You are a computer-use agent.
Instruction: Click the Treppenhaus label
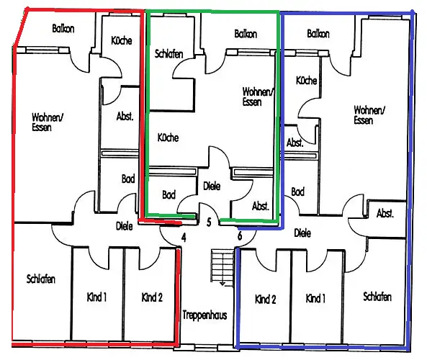[x=204, y=315]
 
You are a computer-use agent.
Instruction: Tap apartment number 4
[x=184, y=238]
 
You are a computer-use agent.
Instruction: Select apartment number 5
[x=209, y=222]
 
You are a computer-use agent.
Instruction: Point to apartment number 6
[x=240, y=235]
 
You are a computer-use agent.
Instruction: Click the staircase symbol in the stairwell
[x=223, y=267]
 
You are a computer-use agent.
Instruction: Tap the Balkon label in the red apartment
[x=63, y=29]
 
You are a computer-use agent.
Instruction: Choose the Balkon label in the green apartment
[x=246, y=34]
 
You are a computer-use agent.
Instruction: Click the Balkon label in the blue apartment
[x=318, y=34]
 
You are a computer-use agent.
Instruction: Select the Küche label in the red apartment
[x=122, y=40]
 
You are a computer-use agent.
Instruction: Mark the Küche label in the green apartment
[x=168, y=138]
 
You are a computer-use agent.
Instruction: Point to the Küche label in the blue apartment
[x=306, y=81]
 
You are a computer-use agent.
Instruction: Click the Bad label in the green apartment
[x=168, y=194]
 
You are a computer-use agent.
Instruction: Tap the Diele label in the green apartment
[x=212, y=186]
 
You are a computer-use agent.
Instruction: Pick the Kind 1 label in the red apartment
[x=96, y=297]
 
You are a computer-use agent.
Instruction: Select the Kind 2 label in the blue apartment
[x=266, y=300]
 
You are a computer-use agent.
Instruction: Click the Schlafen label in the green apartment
[x=168, y=54]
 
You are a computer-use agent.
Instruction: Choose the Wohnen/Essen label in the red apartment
[x=48, y=122]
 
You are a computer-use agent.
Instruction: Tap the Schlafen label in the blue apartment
[x=377, y=297]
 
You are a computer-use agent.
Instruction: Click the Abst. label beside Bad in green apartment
[x=261, y=206]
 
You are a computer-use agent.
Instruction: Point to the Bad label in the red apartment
[x=128, y=179]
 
